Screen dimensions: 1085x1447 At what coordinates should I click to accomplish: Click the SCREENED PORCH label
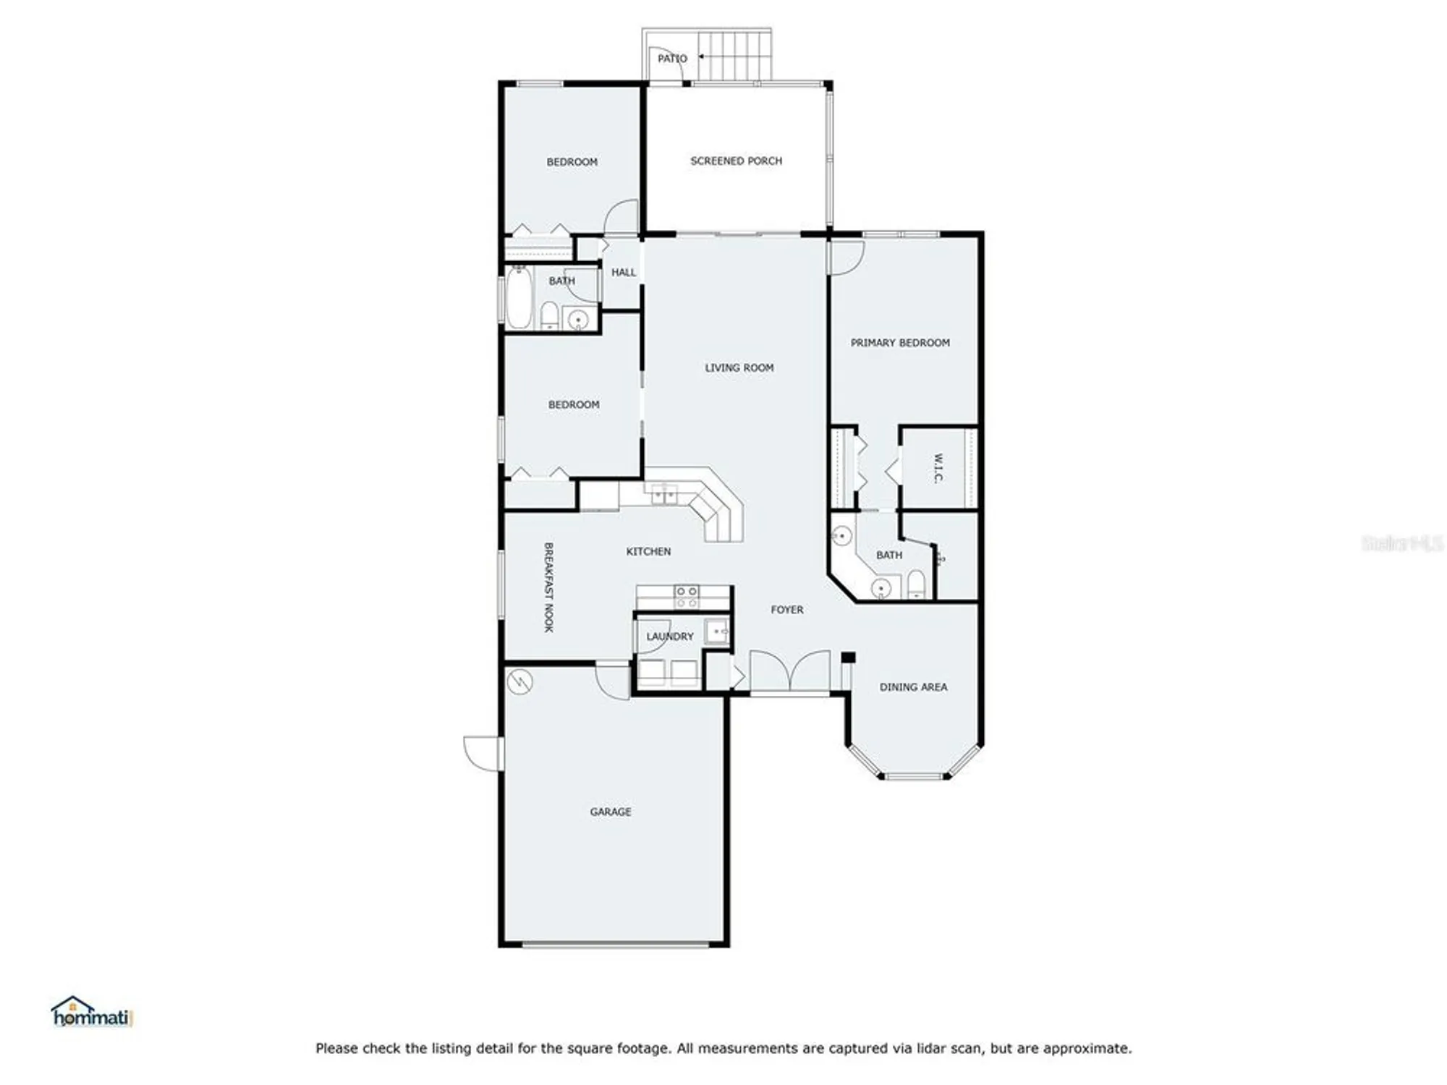[x=736, y=161]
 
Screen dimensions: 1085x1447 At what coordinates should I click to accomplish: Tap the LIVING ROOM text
[x=739, y=367]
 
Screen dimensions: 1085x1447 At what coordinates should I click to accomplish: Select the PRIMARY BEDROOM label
[x=899, y=343]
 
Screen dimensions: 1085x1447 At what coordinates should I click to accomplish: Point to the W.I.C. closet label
[x=938, y=468]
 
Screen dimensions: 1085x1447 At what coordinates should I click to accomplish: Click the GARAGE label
[x=610, y=812]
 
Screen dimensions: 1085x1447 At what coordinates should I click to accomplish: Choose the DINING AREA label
[x=913, y=687]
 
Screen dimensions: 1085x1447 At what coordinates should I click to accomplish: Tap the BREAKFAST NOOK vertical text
[x=548, y=587]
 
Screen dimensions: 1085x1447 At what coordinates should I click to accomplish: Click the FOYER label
[x=786, y=610]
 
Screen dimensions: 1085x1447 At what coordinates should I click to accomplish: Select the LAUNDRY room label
[x=669, y=637]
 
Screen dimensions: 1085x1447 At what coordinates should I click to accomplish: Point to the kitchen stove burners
[x=687, y=597]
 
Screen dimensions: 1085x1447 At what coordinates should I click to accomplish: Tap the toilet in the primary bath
[x=916, y=584]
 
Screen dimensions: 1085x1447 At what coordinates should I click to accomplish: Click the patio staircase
[x=734, y=56]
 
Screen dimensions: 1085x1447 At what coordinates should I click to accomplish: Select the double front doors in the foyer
[x=789, y=671]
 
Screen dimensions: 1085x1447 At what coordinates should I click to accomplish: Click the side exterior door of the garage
[x=483, y=752]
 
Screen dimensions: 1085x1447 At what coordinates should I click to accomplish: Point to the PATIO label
[x=671, y=58]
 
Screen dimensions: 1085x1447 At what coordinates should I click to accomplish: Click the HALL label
[x=623, y=273]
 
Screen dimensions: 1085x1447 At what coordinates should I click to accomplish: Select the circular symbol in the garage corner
[x=519, y=681]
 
